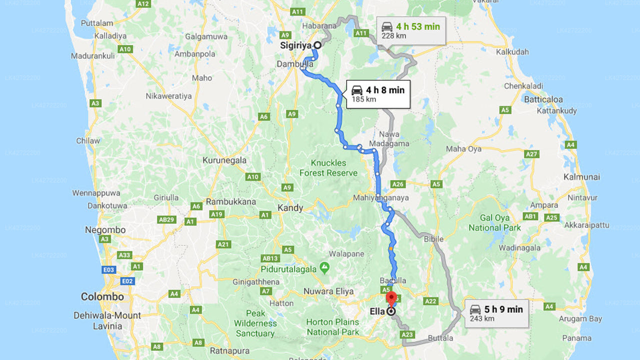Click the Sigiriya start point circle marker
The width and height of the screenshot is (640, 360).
[317, 44]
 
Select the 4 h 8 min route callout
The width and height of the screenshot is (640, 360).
[378, 94]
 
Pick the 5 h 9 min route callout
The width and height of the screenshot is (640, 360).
[496, 313]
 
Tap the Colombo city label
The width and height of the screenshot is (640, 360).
[102, 296]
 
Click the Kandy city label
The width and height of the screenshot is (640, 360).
[290, 208]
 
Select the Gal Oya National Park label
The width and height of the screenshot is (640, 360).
[494, 222]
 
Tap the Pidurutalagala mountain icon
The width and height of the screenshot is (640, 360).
[325, 268]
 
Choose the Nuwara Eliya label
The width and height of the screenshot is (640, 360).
[328, 291]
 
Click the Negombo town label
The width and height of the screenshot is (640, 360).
[105, 230]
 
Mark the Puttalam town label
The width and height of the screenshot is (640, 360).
[97, 23]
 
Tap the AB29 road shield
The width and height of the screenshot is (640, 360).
[166, 219]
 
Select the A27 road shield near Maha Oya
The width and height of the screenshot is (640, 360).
[531, 154]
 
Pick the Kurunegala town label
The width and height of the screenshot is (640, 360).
[224, 160]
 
